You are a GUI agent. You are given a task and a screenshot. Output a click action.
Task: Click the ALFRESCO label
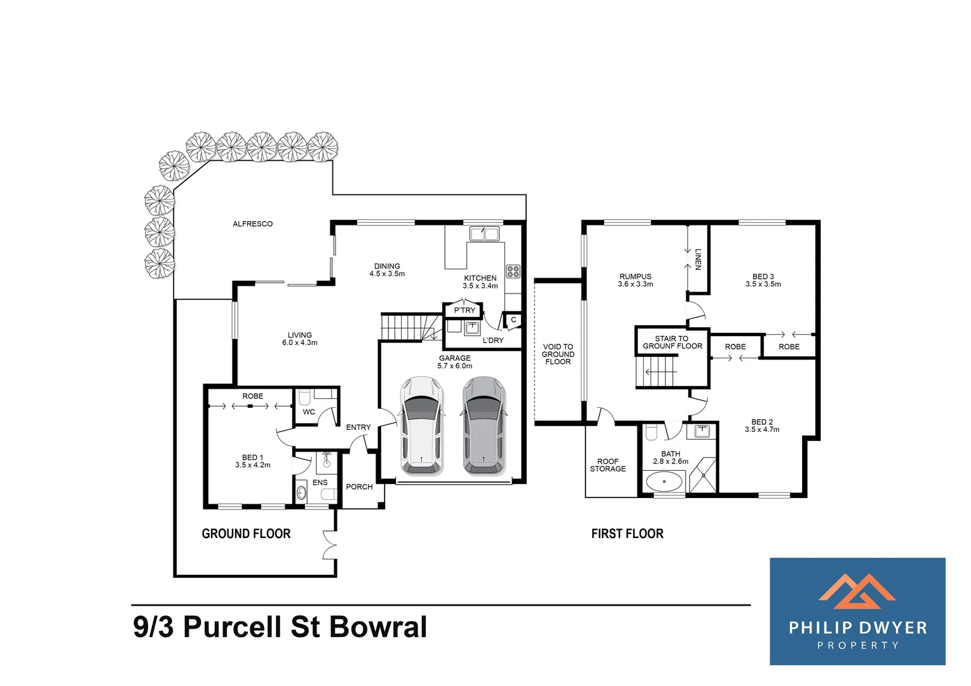point(252,224)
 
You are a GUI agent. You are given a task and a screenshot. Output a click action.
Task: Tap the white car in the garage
point(421,425)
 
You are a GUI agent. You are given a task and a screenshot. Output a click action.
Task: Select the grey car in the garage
point(484,425)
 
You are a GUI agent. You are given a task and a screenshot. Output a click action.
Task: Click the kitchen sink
point(484,234)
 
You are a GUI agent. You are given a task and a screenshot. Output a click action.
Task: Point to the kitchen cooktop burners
point(513,272)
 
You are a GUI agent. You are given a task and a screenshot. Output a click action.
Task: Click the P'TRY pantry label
point(464,311)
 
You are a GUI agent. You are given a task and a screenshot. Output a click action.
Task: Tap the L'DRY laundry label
point(493,340)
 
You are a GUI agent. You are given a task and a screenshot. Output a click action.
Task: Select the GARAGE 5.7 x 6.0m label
point(455,362)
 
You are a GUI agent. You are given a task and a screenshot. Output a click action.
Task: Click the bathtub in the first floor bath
point(664,481)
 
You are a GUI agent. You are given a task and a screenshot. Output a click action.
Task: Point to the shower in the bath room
point(702,474)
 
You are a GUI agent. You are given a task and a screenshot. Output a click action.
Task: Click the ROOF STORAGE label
point(608,465)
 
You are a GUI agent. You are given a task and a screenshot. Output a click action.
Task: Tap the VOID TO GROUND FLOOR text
point(558,354)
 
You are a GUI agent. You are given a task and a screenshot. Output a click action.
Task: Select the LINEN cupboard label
point(698,259)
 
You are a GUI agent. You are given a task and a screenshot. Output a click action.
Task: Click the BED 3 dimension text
point(763,285)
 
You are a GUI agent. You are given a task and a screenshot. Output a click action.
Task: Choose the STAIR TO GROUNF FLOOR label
point(672,342)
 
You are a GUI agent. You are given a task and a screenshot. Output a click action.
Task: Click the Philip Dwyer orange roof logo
point(857,591)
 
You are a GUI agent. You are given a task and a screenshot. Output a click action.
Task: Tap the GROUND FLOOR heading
point(246,534)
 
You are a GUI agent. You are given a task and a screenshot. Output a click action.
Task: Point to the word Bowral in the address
point(378,627)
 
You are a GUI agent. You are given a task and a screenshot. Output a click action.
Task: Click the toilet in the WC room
point(304,398)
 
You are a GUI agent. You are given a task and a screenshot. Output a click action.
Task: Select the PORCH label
point(359,487)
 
